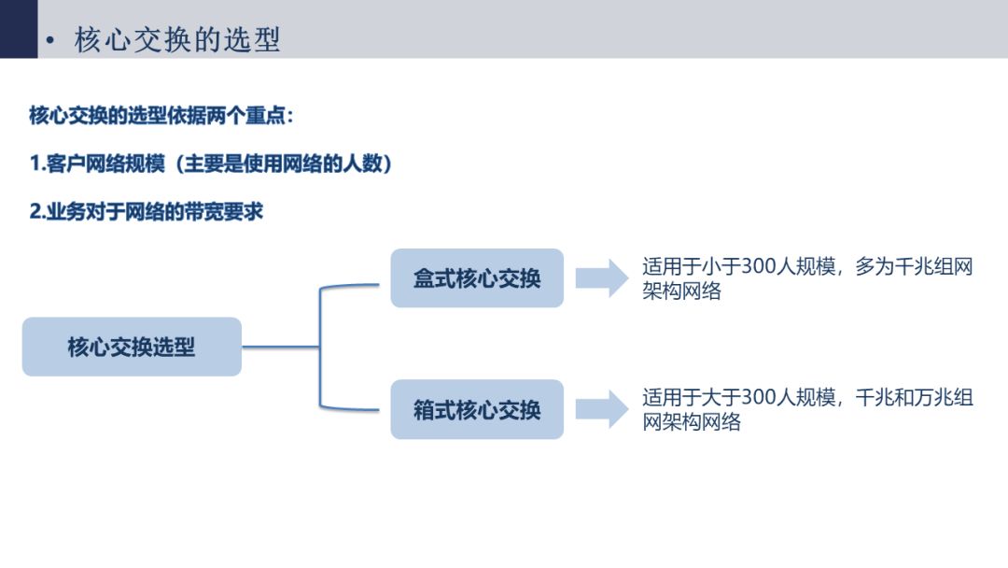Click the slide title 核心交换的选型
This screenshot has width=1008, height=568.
tap(177, 40)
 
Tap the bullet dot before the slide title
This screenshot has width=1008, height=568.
tap(50, 40)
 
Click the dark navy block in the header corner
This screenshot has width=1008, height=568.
tap(19, 29)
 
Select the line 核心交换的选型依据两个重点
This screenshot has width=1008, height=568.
tap(161, 116)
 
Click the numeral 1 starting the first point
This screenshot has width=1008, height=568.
tap(35, 164)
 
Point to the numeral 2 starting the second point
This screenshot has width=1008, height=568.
tap(35, 212)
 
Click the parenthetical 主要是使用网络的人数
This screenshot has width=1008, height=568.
tap(284, 164)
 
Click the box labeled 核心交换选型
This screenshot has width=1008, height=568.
tap(132, 347)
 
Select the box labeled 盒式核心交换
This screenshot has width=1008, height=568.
tap(477, 277)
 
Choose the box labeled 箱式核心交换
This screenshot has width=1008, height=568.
tap(477, 409)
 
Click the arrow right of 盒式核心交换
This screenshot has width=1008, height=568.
tap(602, 277)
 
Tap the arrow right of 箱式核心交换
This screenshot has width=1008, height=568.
tap(602, 409)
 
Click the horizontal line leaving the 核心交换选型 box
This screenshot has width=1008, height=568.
tap(281, 347)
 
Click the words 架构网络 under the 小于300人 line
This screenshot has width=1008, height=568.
tap(681, 291)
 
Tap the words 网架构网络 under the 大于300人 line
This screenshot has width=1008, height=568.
tap(692, 422)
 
